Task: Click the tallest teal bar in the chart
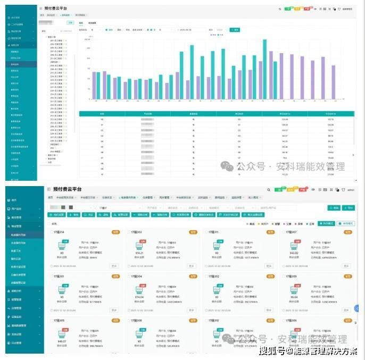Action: pos(264,69)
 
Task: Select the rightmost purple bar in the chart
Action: pos(334,82)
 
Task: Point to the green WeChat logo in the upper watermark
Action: pos(228,166)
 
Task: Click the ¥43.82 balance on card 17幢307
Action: pos(294,253)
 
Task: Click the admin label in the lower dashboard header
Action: pos(350,189)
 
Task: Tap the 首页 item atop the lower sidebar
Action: pos(14,200)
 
